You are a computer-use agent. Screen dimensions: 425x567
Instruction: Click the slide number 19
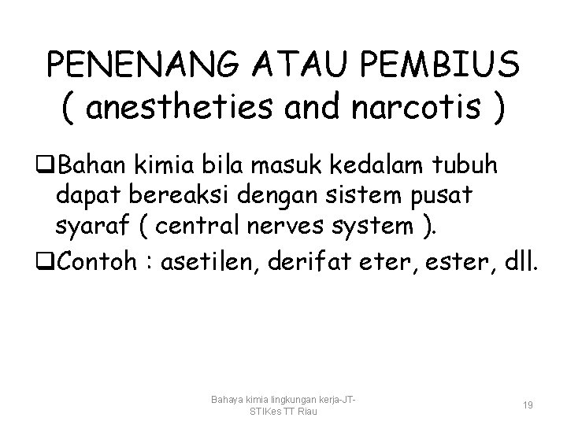pos(528,405)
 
